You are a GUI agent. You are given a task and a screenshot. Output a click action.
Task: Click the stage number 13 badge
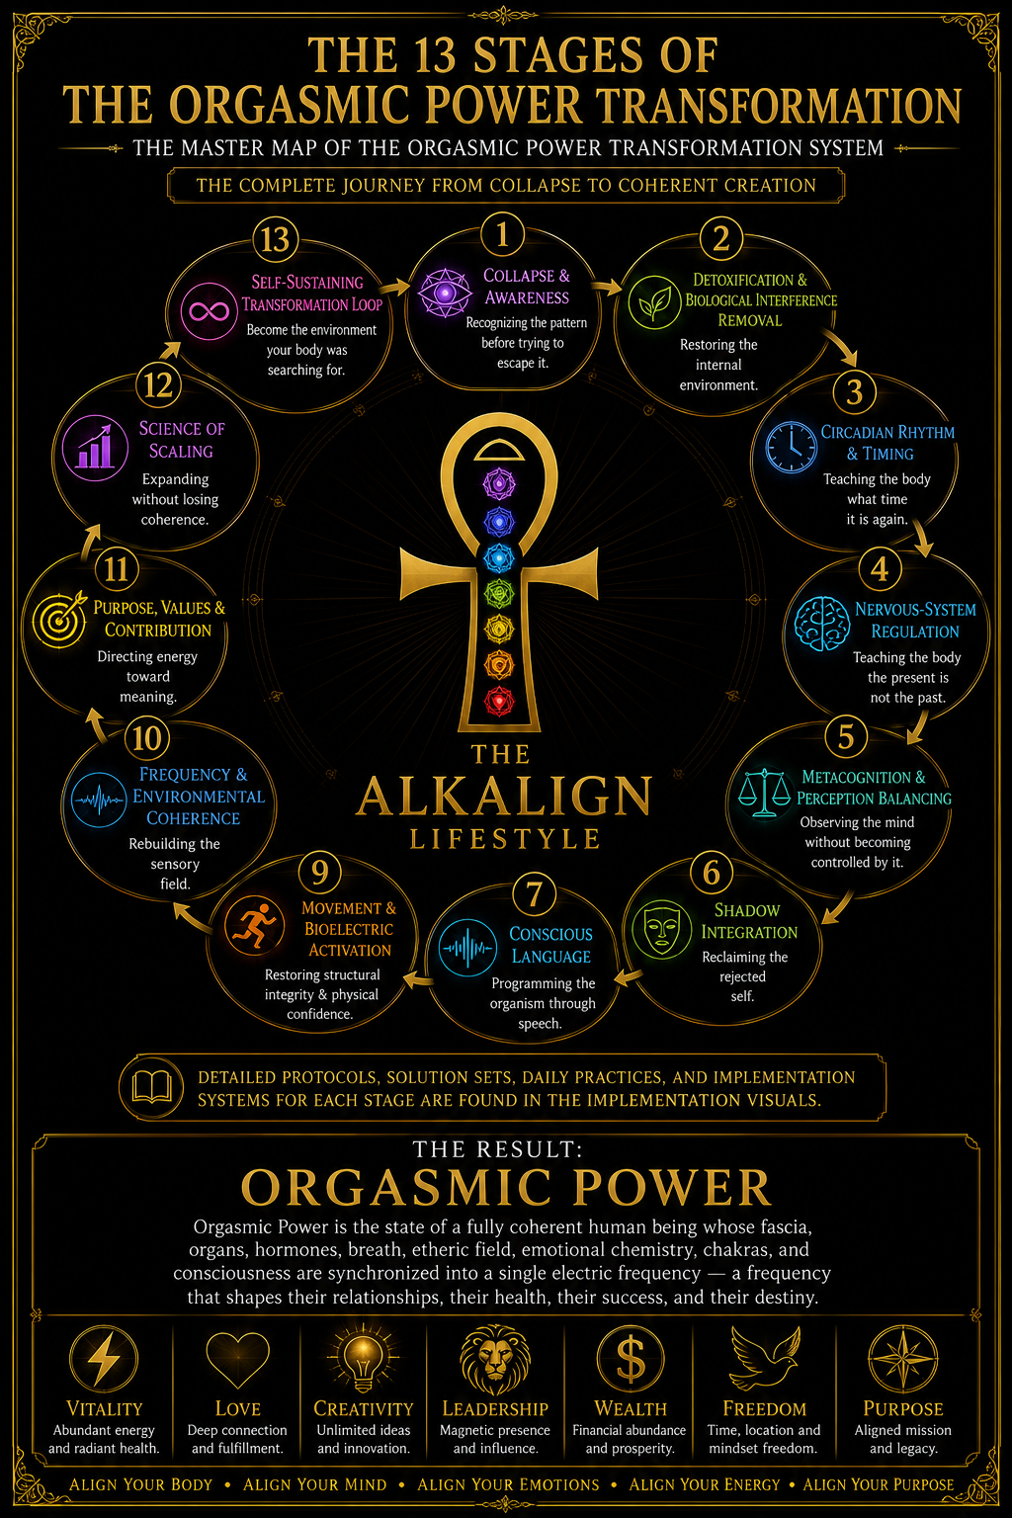point(275,240)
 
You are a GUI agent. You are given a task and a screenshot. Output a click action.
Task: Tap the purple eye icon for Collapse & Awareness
point(445,293)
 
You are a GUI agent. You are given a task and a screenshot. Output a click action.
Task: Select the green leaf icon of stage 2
point(654,302)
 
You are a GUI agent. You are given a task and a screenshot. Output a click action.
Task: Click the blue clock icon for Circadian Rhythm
point(791,448)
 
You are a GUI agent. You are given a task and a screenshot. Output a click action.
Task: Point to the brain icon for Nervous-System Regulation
point(822,625)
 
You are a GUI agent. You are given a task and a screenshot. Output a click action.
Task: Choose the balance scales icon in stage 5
point(764,793)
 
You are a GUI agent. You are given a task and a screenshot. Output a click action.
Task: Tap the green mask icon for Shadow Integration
point(662,929)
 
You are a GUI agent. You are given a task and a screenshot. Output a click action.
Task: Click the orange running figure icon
point(254,925)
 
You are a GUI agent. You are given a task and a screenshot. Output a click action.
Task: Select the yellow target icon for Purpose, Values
point(60,619)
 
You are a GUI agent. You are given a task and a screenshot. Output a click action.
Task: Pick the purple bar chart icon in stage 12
point(95,448)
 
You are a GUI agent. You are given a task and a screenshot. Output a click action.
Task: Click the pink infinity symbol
point(209,311)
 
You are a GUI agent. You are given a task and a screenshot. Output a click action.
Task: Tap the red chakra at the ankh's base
point(499,702)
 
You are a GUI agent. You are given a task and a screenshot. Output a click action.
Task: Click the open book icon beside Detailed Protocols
point(150,1087)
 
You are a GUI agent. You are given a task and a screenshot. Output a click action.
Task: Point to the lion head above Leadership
point(495,1360)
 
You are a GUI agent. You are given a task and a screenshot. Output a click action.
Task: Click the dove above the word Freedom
point(764,1358)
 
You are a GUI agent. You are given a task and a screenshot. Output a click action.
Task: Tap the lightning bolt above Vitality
point(104,1359)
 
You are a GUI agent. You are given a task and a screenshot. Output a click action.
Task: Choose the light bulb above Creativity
point(364,1358)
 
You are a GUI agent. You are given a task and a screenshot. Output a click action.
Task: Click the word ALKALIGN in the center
point(504,796)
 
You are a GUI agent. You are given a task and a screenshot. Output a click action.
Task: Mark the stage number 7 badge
point(534,893)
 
